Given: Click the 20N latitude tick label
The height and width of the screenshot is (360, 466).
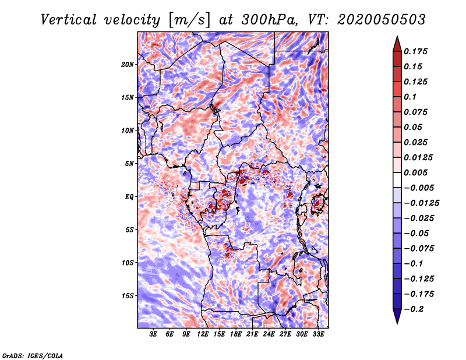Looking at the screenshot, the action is pyautogui.click(x=128, y=65).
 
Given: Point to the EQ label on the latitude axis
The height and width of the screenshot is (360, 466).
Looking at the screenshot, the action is pyautogui.click(x=129, y=197).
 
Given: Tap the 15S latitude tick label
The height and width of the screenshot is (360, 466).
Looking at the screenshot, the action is pyautogui.click(x=128, y=296).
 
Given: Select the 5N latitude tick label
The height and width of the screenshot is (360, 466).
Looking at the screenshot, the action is pyautogui.click(x=129, y=164).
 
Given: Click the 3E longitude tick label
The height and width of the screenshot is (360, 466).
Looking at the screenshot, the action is pyautogui.click(x=153, y=334).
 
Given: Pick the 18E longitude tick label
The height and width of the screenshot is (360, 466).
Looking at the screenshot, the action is pyautogui.click(x=236, y=334).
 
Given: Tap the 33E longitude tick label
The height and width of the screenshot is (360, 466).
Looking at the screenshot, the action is pyautogui.click(x=318, y=334).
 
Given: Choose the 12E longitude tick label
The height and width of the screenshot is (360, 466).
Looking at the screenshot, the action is pyautogui.click(x=203, y=334).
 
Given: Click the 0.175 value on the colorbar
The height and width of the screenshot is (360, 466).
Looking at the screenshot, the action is pyautogui.click(x=415, y=51).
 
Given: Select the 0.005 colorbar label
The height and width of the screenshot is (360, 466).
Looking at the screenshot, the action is pyautogui.click(x=415, y=172).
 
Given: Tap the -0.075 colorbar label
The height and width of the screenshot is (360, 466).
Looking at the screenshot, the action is pyautogui.click(x=419, y=249).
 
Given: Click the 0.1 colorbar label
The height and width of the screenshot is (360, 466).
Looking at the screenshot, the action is pyautogui.click(x=410, y=97).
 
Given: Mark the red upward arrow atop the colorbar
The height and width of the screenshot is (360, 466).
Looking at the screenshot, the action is pyautogui.click(x=397, y=44).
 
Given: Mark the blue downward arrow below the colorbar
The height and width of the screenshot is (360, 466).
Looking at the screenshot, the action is pyautogui.click(x=397, y=316).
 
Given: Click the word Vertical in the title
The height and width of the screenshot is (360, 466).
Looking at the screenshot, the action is pyautogui.click(x=69, y=20).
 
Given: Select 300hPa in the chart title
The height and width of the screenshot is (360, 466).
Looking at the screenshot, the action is pyautogui.click(x=269, y=20).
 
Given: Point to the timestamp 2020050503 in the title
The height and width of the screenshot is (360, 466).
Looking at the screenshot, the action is pyautogui.click(x=382, y=20).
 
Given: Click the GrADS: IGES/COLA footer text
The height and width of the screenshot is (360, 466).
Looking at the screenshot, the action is pyautogui.click(x=33, y=355).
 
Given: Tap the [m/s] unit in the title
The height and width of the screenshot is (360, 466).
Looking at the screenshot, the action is pyautogui.click(x=189, y=20).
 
